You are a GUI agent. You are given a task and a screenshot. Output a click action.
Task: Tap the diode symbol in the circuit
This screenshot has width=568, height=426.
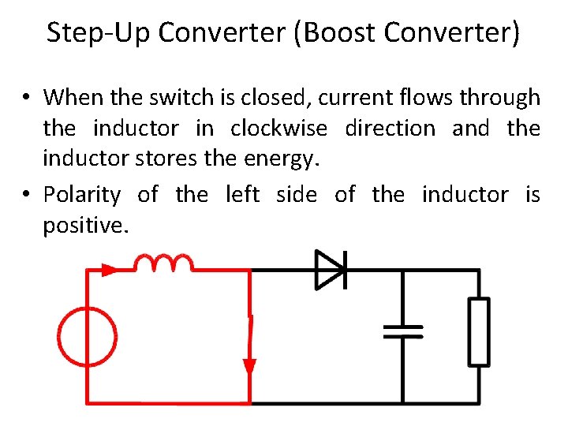[330, 270]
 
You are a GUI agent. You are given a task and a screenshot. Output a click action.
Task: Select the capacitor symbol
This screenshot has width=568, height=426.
[403, 331]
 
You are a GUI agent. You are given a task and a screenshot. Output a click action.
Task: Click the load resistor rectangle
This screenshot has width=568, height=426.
[479, 331]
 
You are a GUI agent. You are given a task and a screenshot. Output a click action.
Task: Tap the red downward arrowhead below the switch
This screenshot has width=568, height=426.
[250, 368]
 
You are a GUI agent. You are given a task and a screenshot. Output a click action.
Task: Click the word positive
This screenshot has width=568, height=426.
[84, 225]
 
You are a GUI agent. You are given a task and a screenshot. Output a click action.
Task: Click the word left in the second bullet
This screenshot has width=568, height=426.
[242, 194]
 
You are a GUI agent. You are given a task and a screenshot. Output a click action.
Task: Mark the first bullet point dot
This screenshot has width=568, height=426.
[27, 99]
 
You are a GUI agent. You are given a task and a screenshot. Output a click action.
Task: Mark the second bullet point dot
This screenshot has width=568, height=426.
[27, 195]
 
